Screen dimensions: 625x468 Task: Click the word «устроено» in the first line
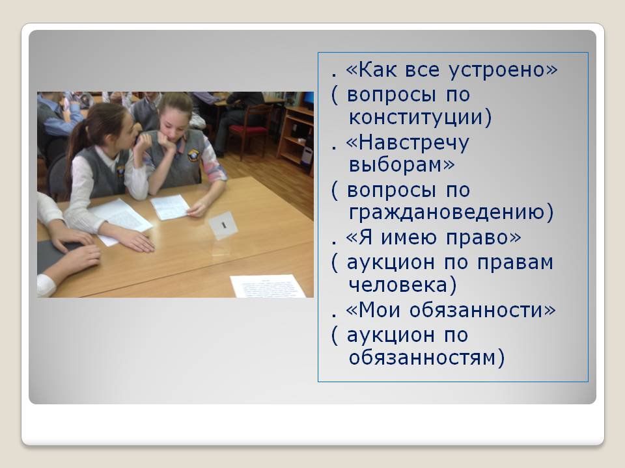[503, 70]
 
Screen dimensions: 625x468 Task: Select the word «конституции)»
[420, 118]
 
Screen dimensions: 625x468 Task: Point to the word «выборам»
[401, 164]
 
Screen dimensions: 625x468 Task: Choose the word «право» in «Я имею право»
[483, 238]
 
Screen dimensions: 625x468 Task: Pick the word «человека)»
[402, 285]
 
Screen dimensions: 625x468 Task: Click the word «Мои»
[380, 309]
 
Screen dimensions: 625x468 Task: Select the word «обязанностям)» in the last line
[426, 357]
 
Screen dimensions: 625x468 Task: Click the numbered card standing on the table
[223, 226]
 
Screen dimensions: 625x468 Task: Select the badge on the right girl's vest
[193, 155]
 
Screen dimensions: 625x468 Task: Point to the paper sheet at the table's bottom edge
[268, 286]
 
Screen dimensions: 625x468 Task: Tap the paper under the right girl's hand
[170, 207]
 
